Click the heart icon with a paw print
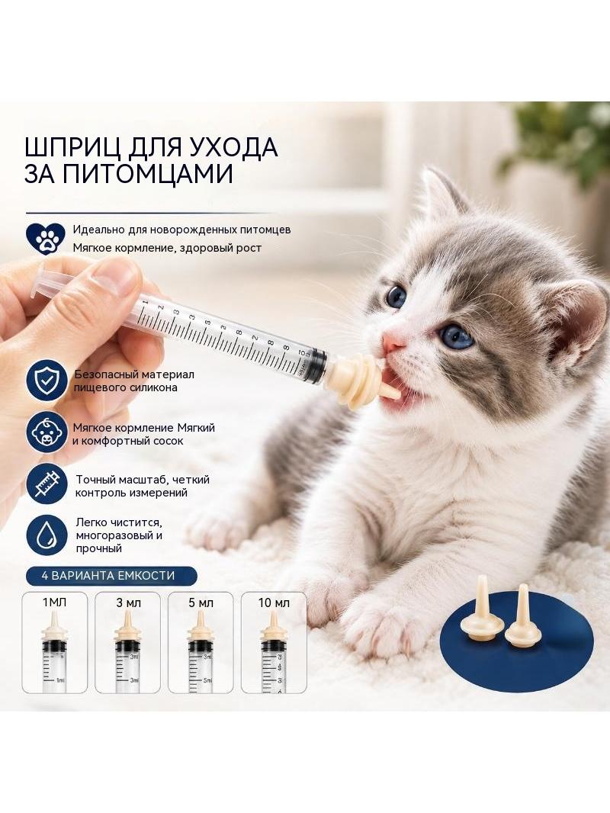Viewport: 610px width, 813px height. click(x=46, y=238)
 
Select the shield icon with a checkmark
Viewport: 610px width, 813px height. click(x=47, y=381)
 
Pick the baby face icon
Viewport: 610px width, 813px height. click(x=47, y=433)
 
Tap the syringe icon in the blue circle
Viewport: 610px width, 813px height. click(x=47, y=484)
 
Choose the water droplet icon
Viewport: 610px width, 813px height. click(x=47, y=535)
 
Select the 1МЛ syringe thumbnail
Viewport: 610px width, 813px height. click(x=55, y=643)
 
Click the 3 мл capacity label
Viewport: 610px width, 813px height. click(x=129, y=603)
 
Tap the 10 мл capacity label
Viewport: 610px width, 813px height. click(x=274, y=603)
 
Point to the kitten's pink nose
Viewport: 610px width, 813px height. click(x=393, y=341)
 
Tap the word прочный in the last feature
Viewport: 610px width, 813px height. click(x=98, y=548)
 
